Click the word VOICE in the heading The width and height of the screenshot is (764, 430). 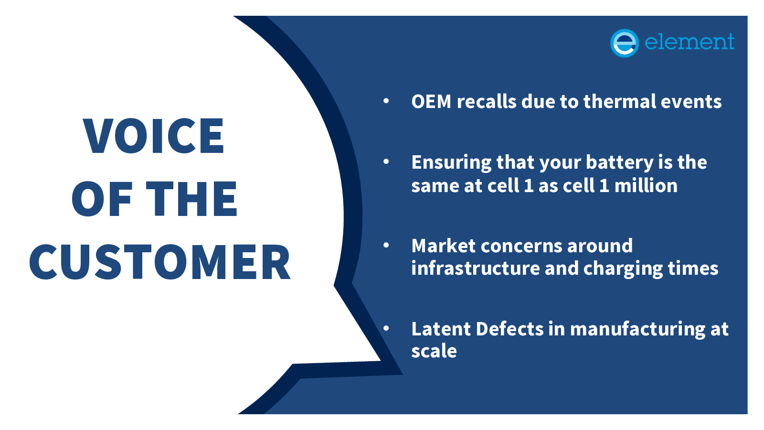tap(154, 136)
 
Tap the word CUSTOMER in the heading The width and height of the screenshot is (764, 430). tap(160, 262)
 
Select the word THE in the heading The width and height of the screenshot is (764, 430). tap(191, 199)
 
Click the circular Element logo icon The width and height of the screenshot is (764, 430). tap(624, 43)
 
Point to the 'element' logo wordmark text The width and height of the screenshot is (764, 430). tap(689, 42)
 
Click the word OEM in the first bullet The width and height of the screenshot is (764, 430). tap(431, 102)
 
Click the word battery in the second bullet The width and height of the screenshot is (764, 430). tap(619, 163)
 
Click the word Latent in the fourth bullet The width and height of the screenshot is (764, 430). tap(441, 329)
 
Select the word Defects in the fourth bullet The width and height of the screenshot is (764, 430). tap(509, 329)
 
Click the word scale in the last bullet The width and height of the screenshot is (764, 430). tap(434, 351)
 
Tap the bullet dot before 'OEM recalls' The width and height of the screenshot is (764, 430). tap(386, 101)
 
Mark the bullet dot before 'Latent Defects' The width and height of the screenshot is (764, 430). tap(386, 328)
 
